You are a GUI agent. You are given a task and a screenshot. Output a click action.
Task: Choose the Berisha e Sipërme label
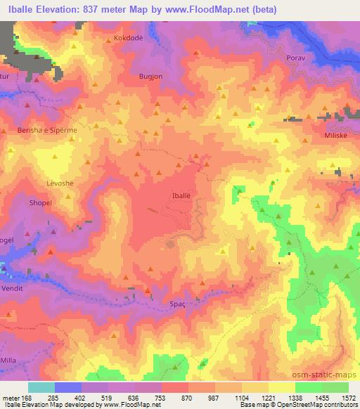point(47,130)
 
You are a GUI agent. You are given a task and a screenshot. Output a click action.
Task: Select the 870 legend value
point(187,398)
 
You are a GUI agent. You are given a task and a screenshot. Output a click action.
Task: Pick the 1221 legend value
point(268,398)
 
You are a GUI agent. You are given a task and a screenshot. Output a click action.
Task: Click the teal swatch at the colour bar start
point(41,387)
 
